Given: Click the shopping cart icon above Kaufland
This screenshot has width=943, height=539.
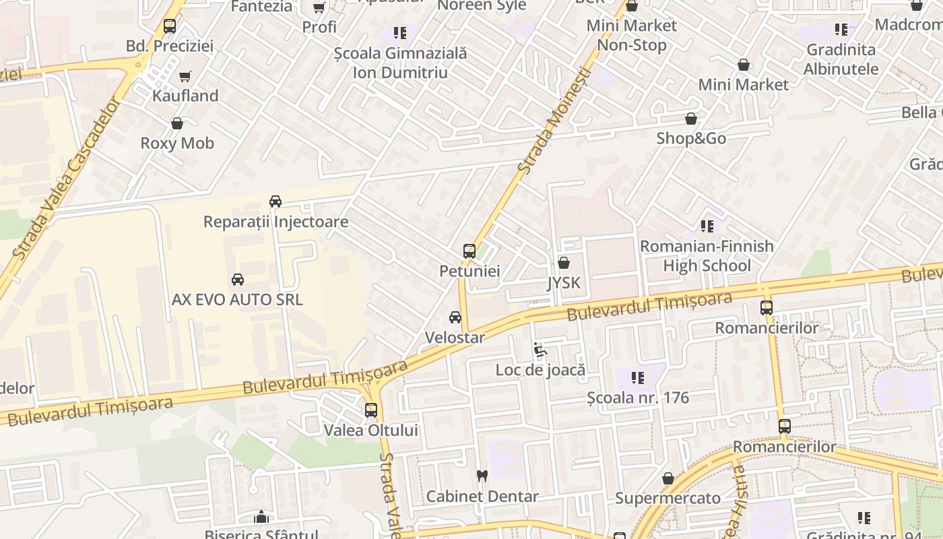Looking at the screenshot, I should [x=185, y=76].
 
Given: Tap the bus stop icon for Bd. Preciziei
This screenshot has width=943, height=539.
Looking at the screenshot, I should [x=170, y=26].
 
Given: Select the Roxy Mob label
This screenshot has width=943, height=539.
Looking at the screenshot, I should [x=177, y=143].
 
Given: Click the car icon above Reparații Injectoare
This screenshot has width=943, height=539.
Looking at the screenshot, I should [x=275, y=201].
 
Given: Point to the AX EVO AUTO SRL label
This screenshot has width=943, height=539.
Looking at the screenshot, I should [x=237, y=299].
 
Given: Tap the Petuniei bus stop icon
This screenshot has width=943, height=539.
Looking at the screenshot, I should [x=469, y=251].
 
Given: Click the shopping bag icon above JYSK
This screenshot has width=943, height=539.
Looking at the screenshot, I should [x=564, y=263].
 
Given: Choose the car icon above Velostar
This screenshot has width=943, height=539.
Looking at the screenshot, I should [x=455, y=317].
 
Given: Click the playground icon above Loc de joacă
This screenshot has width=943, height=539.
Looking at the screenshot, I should [x=540, y=350].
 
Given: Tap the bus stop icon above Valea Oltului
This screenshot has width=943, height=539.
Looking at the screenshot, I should [x=371, y=410].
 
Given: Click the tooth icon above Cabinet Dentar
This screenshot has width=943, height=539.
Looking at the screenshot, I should [x=482, y=476].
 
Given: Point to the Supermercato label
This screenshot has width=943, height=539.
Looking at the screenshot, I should [x=668, y=499].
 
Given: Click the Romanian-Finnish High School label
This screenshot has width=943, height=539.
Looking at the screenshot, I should [x=707, y=256].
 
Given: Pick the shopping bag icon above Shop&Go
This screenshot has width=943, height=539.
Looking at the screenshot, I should [x=691, y=119].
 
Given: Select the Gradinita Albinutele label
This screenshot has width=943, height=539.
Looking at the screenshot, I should [x=841, y=59].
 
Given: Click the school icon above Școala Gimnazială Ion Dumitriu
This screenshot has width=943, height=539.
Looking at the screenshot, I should [x=400, y=33].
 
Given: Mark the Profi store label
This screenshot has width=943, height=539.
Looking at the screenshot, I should [x=319, y=27].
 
